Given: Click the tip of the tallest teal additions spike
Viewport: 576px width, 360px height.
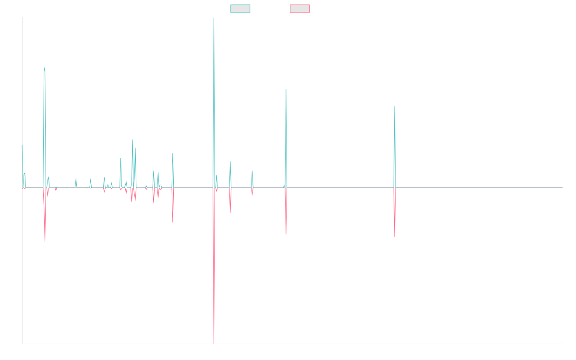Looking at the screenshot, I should point(214,18).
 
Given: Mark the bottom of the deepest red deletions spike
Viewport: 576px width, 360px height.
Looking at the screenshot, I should point(214,343).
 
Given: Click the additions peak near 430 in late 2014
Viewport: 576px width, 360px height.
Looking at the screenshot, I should point(45,67).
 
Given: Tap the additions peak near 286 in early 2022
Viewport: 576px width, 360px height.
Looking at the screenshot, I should point(395,107).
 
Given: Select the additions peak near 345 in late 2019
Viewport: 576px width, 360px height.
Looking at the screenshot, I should point(286,89).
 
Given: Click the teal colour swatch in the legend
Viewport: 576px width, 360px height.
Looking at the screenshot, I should point(240,9).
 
